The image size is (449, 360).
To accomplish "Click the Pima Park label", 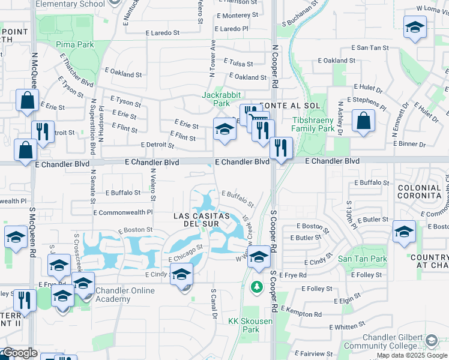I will point(75,44).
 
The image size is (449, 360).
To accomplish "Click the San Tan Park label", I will point(354,259).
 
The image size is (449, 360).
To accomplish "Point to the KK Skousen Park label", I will point(250,325).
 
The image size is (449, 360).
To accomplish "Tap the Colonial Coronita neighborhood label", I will point(420,191).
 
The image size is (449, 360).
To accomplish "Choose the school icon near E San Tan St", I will point(415,28).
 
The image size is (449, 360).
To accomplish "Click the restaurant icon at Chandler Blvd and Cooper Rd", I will point(280,147).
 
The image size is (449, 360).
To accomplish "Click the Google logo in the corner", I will point(19,353).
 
